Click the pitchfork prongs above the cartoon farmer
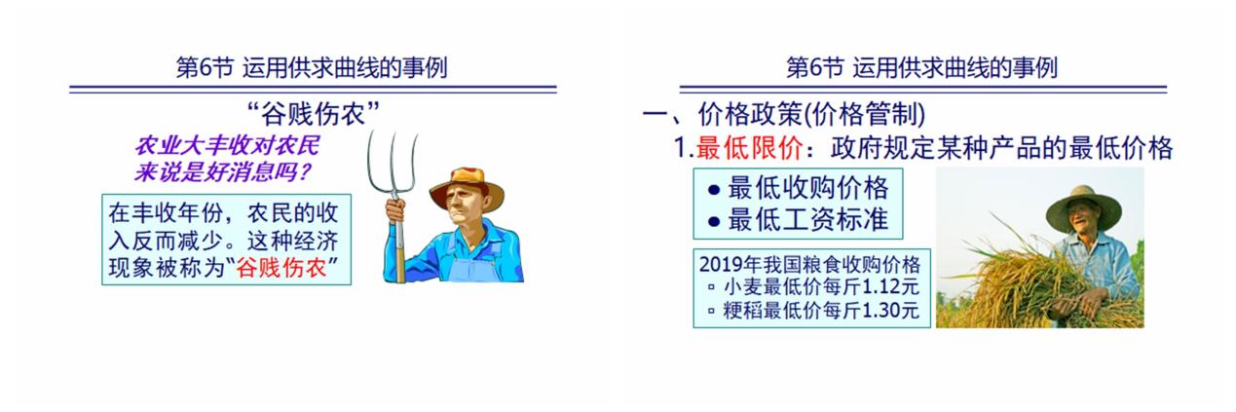392,160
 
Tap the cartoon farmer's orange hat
467,186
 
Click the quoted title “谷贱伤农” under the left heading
314,114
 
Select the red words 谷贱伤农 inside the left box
281,268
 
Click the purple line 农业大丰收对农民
227,145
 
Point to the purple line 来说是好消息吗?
223,172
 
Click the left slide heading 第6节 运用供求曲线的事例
312,68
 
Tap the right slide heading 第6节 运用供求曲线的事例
921,68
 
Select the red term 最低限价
749,148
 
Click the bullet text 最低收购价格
807,188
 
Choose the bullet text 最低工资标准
807,219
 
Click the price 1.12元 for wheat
890,286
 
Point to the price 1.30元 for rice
890,311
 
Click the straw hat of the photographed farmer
1084,208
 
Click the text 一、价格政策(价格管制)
784,115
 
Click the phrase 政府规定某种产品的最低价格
1001,148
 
